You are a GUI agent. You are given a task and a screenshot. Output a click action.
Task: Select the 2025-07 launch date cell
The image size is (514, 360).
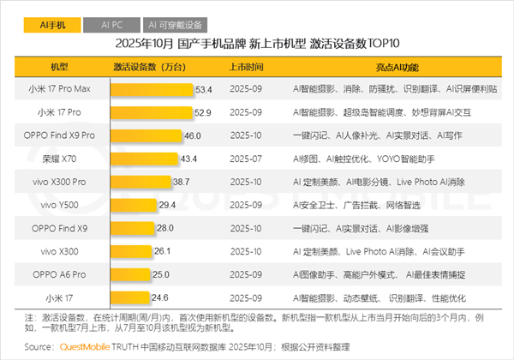[246, 159]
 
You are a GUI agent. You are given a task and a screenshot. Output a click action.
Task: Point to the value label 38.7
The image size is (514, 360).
[181, 182]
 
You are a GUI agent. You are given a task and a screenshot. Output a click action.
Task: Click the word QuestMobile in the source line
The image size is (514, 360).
[80, 347]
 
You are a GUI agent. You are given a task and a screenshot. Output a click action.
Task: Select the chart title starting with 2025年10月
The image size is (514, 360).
[258, 43]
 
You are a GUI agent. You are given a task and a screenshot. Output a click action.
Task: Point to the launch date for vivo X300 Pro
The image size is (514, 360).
[246, 182]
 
